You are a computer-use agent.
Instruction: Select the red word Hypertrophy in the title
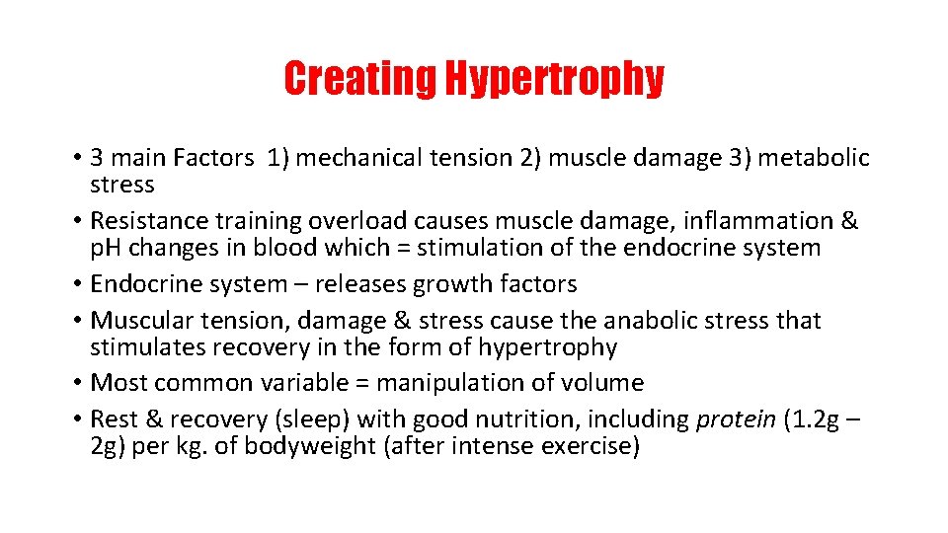(x=554, y=79)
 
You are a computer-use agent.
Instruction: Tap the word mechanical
(x=360, y=158)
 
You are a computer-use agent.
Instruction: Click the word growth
(x=465, y=284)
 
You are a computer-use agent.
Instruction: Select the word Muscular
(x=137, y=321)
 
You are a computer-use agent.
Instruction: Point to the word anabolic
(x=663, y=321)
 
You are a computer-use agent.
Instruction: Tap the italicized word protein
(x=736, y=419)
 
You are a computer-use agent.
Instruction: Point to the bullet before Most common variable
(x=76, y=383)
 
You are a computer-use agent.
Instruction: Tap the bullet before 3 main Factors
(x=76, y=158)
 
